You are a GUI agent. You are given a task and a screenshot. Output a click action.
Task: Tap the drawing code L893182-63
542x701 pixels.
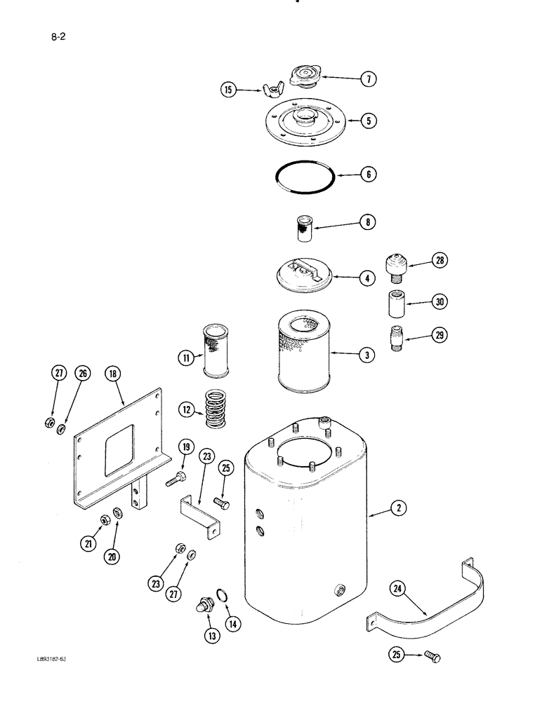click(55, 660)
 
